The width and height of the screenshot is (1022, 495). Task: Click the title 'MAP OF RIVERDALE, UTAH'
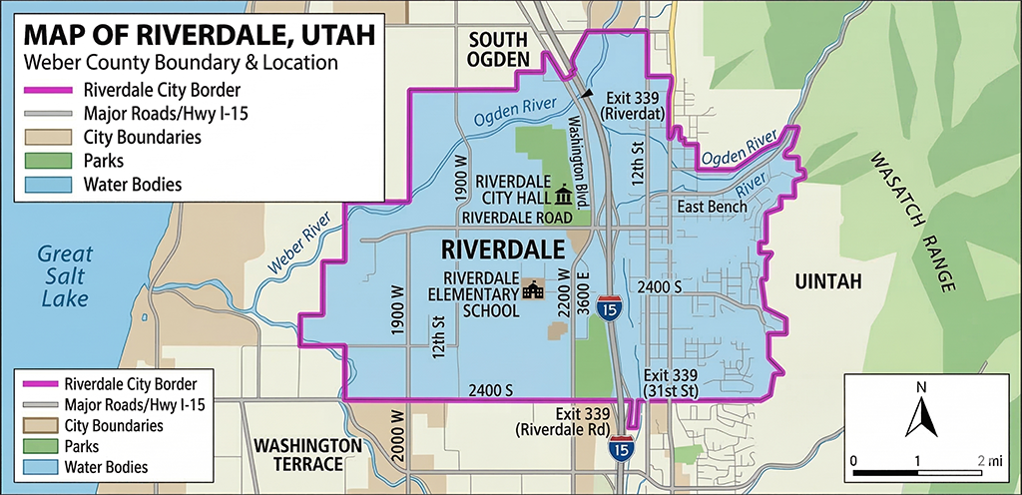[199, 34]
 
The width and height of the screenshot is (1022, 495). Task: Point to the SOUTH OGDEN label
[498, 51]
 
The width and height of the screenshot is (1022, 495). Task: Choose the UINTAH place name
[826, 283]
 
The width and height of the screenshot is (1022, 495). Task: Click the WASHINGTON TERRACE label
[306, 454]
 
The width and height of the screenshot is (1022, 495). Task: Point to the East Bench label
[712, 207]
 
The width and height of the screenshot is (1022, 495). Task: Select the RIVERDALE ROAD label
[516, 218]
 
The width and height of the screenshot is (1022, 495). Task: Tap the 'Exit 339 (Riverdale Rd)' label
[563, 422]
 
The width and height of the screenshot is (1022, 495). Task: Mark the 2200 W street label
[564, 293]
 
